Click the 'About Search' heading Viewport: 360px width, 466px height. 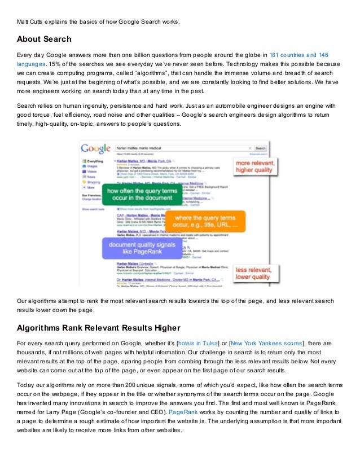coord(44,39)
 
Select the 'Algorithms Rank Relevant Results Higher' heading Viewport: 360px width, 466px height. coord(98,328)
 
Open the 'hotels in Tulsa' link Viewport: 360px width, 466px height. coord(202,343)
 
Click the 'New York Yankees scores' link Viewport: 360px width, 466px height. coord(265,343)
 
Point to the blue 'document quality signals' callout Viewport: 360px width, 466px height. coord(135,249)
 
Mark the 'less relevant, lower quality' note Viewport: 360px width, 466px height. coord(254,273)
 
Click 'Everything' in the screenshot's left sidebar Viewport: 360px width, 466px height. coord(95,161)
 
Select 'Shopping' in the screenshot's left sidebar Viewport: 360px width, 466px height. coord(94,182)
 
